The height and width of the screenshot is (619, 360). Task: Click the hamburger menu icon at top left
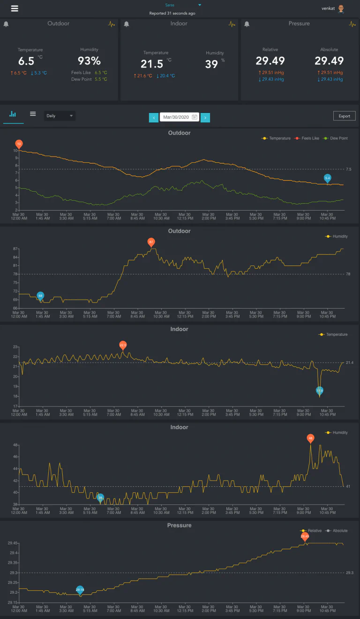(x=15, y=8)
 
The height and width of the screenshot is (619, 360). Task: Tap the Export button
(x=344, y=116)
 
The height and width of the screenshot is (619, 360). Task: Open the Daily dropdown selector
(x=60, y=116)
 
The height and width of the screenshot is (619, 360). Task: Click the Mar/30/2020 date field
(x=180, y=117)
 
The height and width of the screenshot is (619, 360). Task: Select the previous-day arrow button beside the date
(x=154, y=118)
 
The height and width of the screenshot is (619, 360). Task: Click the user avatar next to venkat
(x=341, y=8)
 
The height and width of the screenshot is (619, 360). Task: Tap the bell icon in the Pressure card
(x=247, y=24)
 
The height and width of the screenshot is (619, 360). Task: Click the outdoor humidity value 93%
(x=89, y=61)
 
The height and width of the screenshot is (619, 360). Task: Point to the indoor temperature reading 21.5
(x=152, y=64)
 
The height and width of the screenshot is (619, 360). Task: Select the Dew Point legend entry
(x=337, y=138)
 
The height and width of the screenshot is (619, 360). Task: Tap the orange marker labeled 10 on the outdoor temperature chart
(x=19, y=144)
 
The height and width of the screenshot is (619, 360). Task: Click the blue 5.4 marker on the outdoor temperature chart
(x=328, y=178)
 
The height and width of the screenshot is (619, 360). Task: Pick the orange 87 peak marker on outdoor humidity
(x=151, y=242)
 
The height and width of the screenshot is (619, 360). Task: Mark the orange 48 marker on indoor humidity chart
(x=310, y=438)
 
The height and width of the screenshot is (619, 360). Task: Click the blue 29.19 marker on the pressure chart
(x=80, y=589)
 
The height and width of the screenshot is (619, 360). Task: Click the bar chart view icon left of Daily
(x=13, y=114)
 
